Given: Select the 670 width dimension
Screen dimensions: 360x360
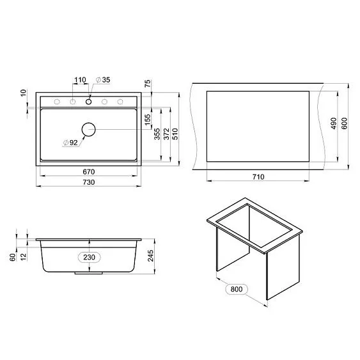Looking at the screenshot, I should click(x=88, y=171).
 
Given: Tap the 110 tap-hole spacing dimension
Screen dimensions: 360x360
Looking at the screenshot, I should click(x=79, y=81).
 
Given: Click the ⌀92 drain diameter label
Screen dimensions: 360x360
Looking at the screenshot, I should click(x=70, y=143).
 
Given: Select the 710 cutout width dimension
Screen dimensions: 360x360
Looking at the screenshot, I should click(x=258, y=177).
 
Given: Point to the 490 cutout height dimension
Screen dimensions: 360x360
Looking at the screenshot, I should click(x=333, y=123).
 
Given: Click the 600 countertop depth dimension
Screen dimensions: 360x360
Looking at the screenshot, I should click(x=345, y=123).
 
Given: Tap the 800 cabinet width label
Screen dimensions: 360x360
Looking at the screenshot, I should click(x=235, y=289).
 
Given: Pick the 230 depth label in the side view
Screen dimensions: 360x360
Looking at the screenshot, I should click(x=90, y=257).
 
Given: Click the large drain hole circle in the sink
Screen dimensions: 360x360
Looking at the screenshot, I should click(x=88, y=130).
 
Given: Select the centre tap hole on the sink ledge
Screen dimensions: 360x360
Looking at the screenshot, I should click(x=88, y=102).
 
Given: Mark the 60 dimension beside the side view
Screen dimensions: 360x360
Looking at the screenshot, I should click(x=13, y=257).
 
